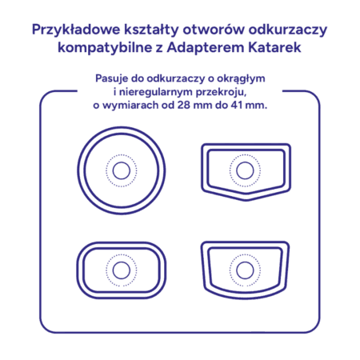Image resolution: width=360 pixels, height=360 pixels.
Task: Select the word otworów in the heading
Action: pyautogui.click(x=214, y=30)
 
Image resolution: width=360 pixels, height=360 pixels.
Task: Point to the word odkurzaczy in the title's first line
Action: pyautogui.click(x=288, y=30)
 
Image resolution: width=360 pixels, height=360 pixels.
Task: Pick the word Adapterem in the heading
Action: pyautogui.click(x=206, y=48)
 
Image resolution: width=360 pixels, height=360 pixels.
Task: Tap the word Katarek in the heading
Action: pyautogui.click(x=274, y=47)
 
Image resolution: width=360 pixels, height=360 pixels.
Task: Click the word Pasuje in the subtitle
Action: pyautogui.click(x=111, y=78)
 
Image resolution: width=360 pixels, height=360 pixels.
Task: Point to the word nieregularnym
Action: pyautogui.click(x=156, y=92)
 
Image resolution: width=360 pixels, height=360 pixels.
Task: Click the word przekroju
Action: pyautogui.click(x=221, y=92)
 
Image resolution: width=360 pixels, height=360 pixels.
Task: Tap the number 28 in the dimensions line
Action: pyautogui.click(x=183, y=105)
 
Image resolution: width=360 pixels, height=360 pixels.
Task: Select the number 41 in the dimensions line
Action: pyautogui.click(x=237, y=105)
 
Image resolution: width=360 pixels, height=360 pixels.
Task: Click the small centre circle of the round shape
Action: pyautogui.click(x=122, y=170)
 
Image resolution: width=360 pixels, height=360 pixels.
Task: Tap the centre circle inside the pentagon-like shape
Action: pyautogui.click(x=245, y=170)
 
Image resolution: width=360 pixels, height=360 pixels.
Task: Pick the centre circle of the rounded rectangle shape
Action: pyautogui.click(x=122, y=270)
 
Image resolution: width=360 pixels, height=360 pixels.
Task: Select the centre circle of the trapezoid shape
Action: pyautogui.click(x=245, y=270)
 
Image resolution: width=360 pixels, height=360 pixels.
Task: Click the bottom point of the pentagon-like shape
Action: pyautogui.click(x=246, y=201)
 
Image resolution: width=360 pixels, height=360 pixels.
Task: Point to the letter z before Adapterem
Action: pyautogui.click(x=159, y=49)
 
